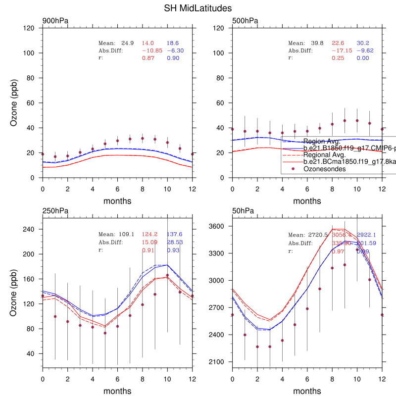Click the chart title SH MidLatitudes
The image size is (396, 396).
[198, 8]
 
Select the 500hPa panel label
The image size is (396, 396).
[245, 21]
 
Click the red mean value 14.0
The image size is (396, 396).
[148, 44]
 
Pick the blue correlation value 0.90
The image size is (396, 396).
[173, 58]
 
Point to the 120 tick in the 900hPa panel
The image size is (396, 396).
[29, 28]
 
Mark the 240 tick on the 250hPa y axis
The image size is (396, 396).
[29, 229]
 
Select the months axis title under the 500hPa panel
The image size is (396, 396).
[307, 201]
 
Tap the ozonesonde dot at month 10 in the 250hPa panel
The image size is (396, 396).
[168, 275]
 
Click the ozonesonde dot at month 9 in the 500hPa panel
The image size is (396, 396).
[345, 121]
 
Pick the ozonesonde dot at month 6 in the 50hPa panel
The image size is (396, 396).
[307, 309]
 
